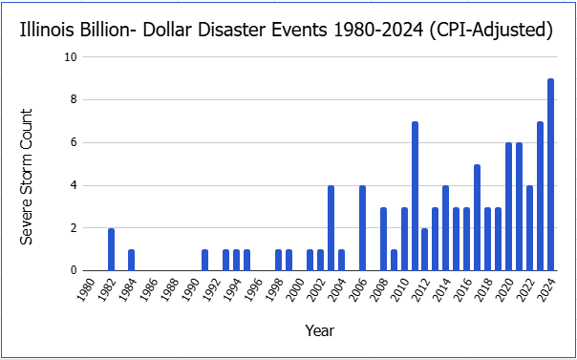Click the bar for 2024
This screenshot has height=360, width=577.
pyautogui.click(x=550, y=175)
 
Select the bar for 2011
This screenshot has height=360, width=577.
pyautogui.click(x=415, y=196)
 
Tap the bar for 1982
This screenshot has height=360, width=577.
pyautogui.click(x=111, y=249)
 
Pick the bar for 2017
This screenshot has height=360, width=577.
pyautogui.click(x=478, y=218)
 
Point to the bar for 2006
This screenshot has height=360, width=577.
pyautogui.click(x=362, y=228)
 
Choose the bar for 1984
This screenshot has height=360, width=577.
pyautogui.click(x=131, y=261)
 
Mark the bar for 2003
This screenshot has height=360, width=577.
pyautogui.click(x=331, y=228)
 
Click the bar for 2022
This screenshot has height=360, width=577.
pyautogui.click(x=529, y=228)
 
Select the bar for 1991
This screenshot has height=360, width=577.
pyautogui.click(x=205, y=261)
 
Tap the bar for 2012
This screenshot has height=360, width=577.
pyautogui.click(x=425, y=249)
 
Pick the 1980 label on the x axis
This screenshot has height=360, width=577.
pyautogui.click(x=88, y=289)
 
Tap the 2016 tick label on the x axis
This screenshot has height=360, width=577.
pyautogui.click(x=465, y=289)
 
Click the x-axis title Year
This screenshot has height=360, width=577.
pyautogui.click(x=319, y=331)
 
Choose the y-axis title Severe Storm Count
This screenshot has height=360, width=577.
pyautogui.click(x=27, y=178)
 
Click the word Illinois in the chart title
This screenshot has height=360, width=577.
pyautogui.click(x=42, y=31)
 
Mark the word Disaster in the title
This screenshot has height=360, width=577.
pyautogui.click(x=230, y=31)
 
